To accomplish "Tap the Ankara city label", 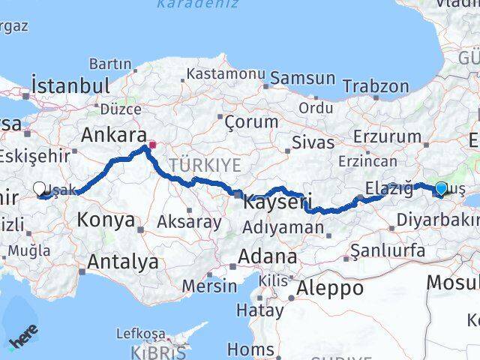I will [x=113, y=136].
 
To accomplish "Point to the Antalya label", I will [x=123, y=262].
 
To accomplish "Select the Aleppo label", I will [x=330, y=288].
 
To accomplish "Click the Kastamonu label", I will [x=225, y=74].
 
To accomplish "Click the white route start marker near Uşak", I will [x=40, y=189].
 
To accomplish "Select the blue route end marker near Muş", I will [x=441, y=189].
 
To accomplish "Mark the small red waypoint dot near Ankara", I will [x=152, y=145].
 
